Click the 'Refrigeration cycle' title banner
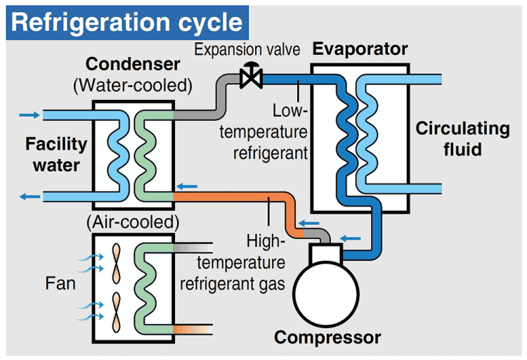(127, 22)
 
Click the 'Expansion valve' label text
(247, 50)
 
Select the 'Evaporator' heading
(360, 49)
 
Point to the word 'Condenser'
(133, 65)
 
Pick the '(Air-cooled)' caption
(133, 223)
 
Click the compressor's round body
(325, 288)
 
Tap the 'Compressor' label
(327, 337)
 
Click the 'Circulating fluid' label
(462, 139)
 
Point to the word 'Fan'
(60, 285)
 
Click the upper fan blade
(117, 262)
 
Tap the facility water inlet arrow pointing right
(30, 115)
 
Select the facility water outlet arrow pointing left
(30, 196)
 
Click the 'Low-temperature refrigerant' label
(281, 131)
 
